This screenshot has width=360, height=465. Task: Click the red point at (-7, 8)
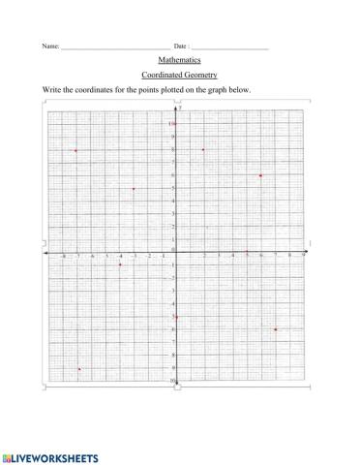coord(75,151)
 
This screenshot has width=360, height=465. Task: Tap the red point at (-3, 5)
coord(134,189)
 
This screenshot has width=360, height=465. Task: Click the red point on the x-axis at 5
coord(247,253)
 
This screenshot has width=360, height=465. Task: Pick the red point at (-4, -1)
coord(120,264)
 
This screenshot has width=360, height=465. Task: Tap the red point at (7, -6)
coord(276,329)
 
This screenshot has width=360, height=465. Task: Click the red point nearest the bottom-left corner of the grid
coord(79,369)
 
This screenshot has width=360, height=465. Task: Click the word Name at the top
coord(49,46)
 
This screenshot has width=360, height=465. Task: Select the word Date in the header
coord(181,46)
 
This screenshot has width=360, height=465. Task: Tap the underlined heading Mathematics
coord(179,60)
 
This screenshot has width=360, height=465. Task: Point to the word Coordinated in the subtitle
coord(161,75)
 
